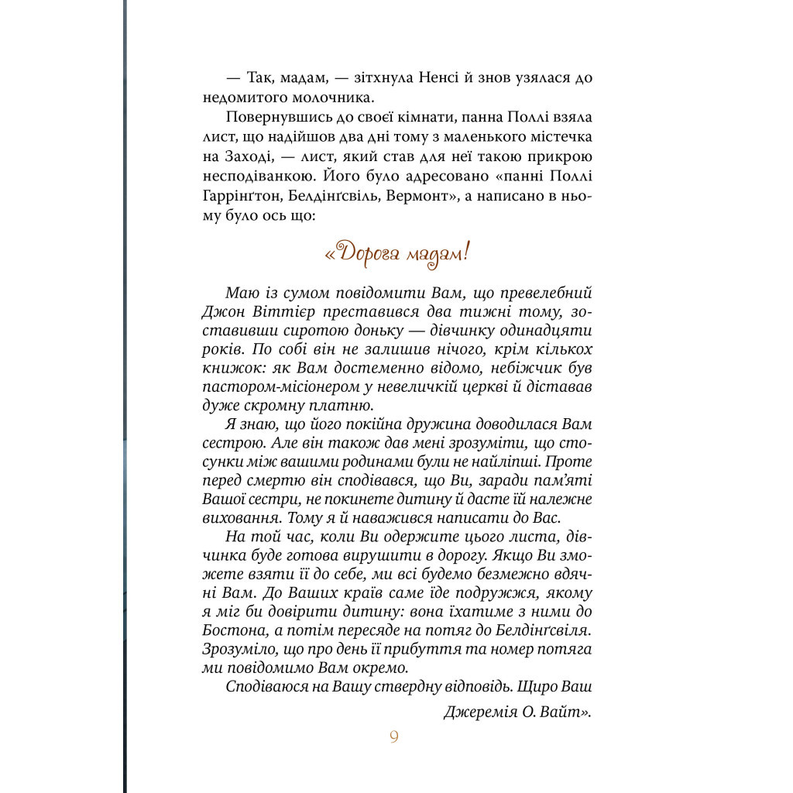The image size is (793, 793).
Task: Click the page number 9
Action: click(393, 737)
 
